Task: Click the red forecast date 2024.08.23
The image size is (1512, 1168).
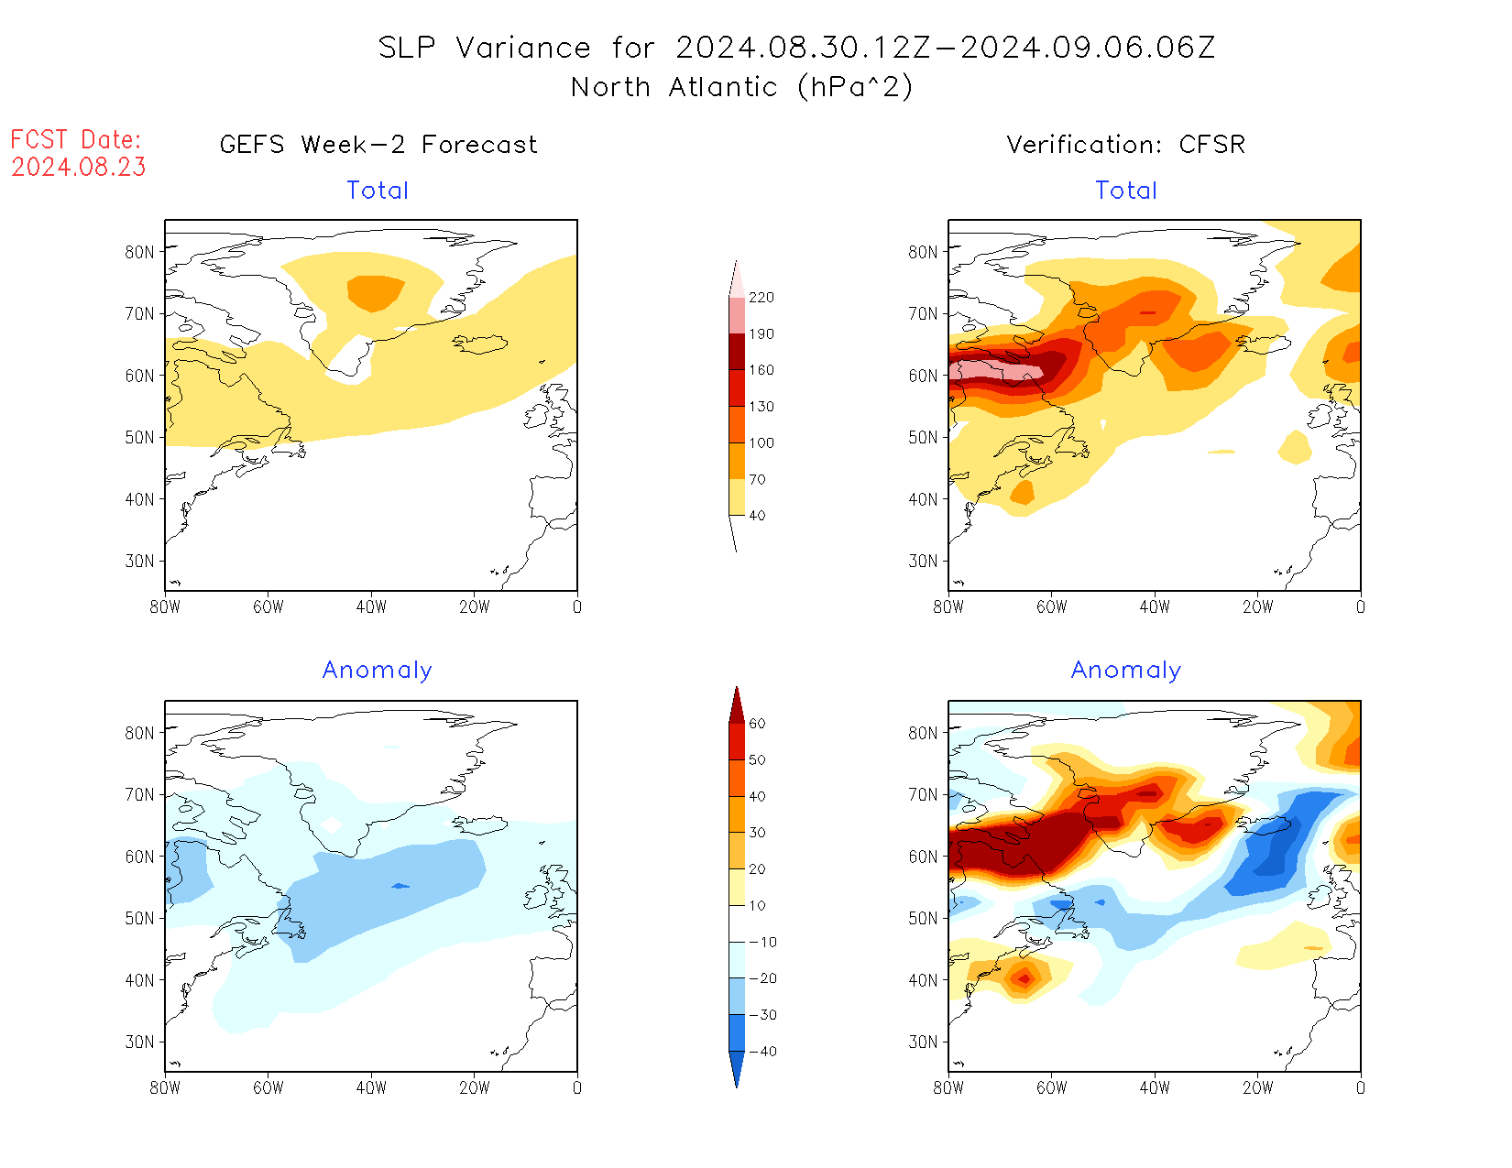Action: (78, 167)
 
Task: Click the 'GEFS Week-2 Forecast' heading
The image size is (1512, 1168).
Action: (378, 145)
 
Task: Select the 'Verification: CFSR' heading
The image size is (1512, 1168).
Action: (1125, 145)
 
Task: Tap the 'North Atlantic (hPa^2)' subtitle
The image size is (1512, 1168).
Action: (741, 87)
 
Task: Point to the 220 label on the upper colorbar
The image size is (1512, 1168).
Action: (761, 298)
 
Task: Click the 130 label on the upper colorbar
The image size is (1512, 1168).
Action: (761, 407)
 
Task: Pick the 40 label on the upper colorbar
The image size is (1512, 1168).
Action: (757, 516)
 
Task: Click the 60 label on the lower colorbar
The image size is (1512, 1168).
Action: (757, 724)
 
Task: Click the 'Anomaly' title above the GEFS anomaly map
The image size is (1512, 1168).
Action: (377, 671)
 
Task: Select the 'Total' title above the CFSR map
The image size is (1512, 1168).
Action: (1126, 191)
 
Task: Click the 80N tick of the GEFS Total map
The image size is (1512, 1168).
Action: (139, 252)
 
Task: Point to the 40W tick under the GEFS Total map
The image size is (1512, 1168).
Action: (371, 606)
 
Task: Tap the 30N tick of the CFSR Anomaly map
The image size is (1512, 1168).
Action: (923, 1042)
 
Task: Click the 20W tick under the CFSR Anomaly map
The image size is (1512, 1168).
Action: (1257, 1088)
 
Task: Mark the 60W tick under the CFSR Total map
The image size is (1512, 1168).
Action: (1051, 606)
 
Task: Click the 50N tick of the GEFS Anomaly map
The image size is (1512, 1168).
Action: (139, 919)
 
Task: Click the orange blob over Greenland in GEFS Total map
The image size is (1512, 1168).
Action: (375, 292)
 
